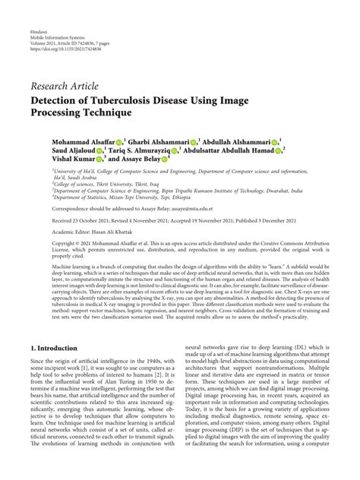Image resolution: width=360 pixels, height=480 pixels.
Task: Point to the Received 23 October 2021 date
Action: coord(84,219)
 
